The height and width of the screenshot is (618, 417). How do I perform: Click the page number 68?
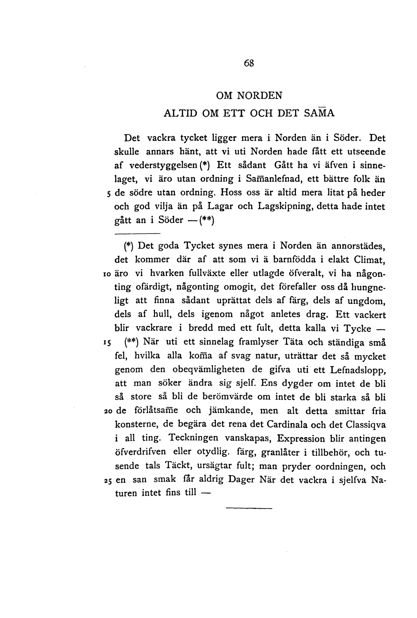[249, 63]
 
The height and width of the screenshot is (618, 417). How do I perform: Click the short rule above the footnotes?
[137, 234]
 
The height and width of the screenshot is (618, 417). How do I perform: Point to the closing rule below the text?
[249, 509]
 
